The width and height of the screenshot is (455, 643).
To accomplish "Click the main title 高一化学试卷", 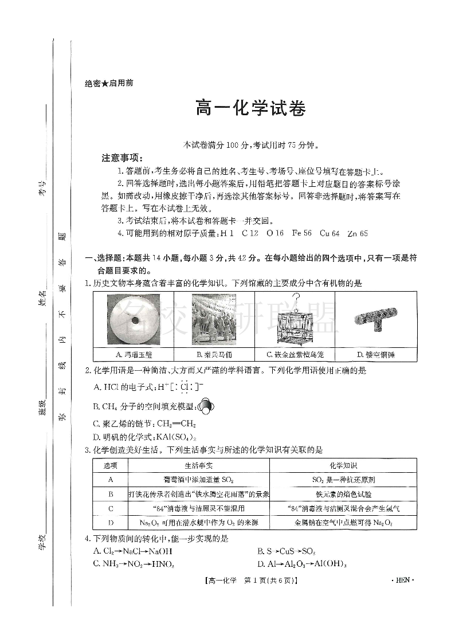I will [250, 109].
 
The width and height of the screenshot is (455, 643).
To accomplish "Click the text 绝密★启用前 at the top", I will [109, 83].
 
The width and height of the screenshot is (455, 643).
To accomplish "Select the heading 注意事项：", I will [122, 158].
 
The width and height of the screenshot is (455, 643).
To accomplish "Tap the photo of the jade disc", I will [133, 320].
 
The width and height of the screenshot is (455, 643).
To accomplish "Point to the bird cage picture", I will [295, 320].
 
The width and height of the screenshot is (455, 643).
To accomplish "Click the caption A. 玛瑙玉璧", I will [133, 355].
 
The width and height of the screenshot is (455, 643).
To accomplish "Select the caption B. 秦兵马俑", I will [214, 355].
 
